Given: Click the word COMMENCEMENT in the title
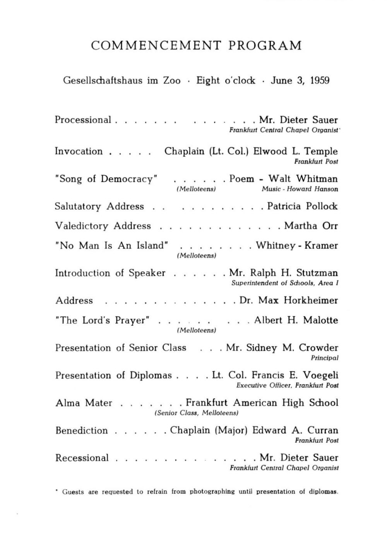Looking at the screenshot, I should coord(156,46).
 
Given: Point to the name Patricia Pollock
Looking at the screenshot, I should coord(302,206).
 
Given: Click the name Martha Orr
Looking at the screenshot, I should coord(311,226).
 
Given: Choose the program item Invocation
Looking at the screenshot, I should coord(79,151).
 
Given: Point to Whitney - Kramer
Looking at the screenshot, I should coord(297,246).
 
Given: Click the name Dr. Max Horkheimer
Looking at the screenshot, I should coord(289,301).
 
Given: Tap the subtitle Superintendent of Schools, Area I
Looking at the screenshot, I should coord(285,283).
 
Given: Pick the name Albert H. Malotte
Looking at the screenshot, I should coord(296,320).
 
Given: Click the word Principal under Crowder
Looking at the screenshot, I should coord(325,358).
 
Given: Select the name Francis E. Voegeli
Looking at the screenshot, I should coord(295,375).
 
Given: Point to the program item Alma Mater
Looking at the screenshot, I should coord(84,403).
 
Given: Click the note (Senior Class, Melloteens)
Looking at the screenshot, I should coord(196,413).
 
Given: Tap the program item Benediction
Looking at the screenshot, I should coord(81,431).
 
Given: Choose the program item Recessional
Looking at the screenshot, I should coord(82,458).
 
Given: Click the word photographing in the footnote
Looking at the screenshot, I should coord(212,492).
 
